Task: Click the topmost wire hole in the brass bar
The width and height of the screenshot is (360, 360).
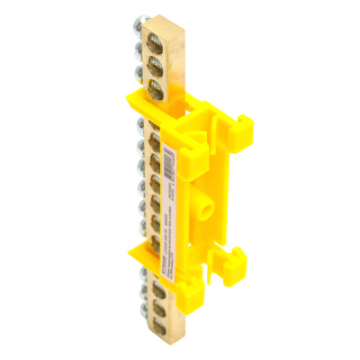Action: [x=159, y=42]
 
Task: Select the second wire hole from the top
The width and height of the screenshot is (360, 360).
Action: [x=159, y=64]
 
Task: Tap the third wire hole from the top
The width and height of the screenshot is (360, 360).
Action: [x=159, y=86]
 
